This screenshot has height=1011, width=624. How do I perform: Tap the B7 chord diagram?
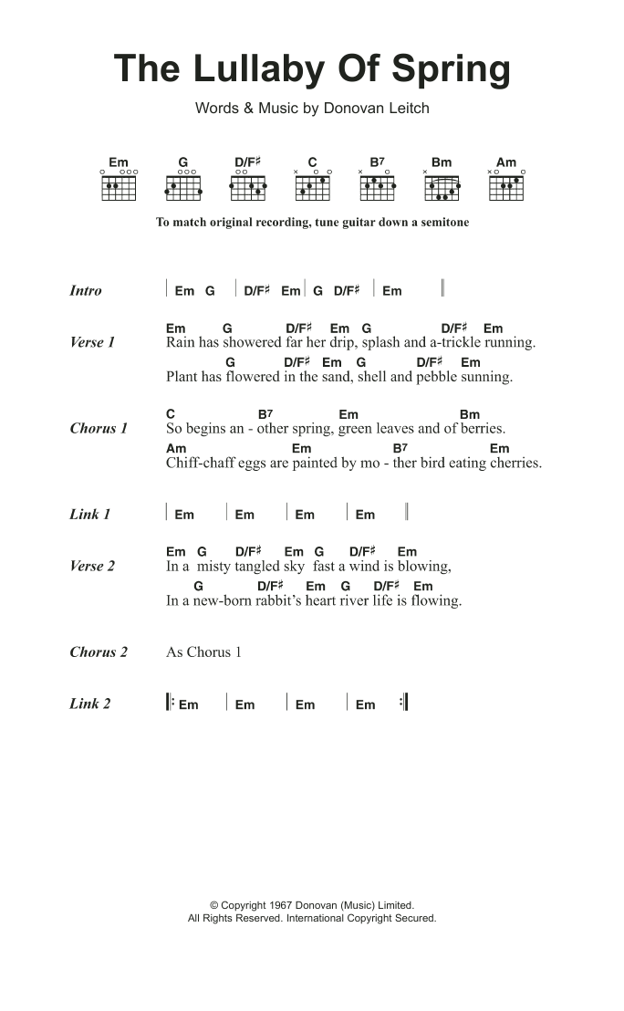coord(377,187)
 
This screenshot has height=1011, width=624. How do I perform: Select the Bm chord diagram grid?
coord(442,187)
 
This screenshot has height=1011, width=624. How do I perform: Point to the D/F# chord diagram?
coord(247,187)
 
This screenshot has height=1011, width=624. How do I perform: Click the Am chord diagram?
coord(505,187)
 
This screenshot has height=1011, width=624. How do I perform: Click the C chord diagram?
coord(312,187)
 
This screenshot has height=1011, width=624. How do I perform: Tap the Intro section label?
coord(86,291)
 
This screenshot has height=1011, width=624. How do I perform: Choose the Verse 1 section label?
coord(92,343)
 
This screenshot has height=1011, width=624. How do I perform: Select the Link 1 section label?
coord(89,515)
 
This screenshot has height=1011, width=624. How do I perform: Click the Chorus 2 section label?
coord(99,652)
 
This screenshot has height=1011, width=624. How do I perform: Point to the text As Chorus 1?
coord(203,652)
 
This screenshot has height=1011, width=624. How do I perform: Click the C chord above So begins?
coord(171,414)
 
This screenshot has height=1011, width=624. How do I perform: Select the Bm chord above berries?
coord(469,414)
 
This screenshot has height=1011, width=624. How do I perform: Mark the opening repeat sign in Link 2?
coord(171,704)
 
